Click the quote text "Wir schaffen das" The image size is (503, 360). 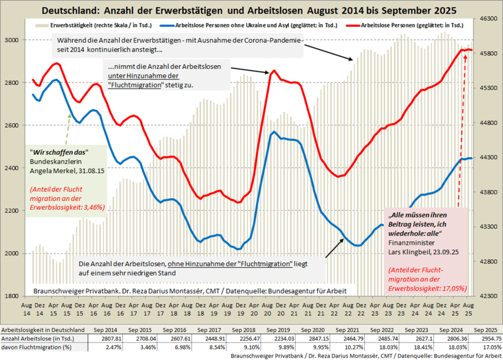point(59,151)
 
